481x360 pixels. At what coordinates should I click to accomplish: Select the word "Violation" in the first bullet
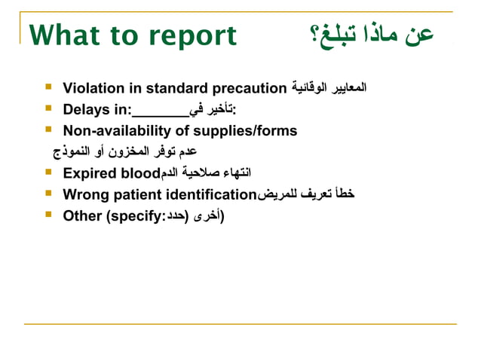(x=93, y=88)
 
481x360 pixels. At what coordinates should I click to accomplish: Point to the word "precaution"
(x=250, y=88)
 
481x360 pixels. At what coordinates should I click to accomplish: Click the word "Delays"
(x=86, y=110)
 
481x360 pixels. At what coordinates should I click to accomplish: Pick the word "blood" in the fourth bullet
(x=140, y=174)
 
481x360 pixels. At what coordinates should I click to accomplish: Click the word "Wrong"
(x=86, y=195)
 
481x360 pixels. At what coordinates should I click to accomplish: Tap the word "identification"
(x=213, y=195)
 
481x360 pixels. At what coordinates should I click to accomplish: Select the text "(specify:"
(x=135, y=216)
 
